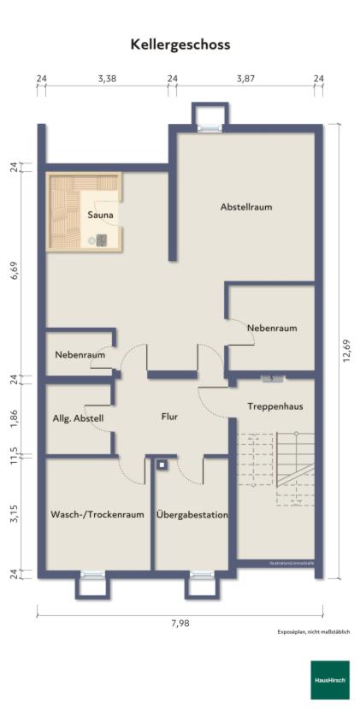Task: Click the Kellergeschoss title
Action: pos(180,44)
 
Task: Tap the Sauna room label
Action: pos(100,216)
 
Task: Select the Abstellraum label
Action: pos(245,207)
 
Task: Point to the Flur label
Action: pos(169,417)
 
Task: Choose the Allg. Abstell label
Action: pos(78,417)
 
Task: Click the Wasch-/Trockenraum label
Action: pos(97,515)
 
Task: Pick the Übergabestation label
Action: pos(192,515)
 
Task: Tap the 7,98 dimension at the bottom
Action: pos(180,623)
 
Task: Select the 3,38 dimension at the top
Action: pos(107,79)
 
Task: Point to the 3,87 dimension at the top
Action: pos(245,79)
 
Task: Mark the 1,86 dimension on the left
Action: pos(14,418)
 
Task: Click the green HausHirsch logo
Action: pos(329,680)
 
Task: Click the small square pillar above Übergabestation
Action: pos(161,465)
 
